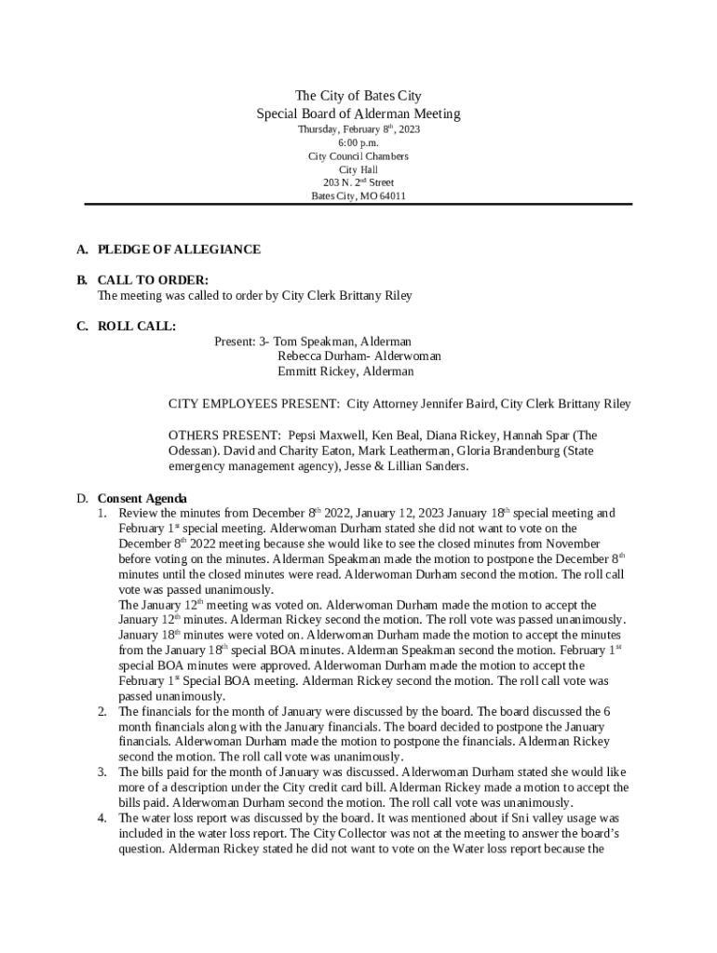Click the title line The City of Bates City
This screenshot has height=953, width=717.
(358, 96)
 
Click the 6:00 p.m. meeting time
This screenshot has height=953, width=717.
(358, 143)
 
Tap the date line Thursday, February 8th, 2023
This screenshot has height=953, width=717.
(358, 129)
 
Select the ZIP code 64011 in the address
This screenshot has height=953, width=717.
(392, 196)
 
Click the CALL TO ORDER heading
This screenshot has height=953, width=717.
(153, 280)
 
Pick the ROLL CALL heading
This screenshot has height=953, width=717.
(137, 326)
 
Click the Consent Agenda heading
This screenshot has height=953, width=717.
(142, 498)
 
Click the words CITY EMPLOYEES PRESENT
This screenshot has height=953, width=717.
(253, 404)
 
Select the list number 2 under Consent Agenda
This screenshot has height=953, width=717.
(102, 712)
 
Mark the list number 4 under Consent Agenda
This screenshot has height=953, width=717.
(102, 818)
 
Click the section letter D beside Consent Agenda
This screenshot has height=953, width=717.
(82, 498)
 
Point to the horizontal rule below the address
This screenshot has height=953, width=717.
(358, 205)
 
